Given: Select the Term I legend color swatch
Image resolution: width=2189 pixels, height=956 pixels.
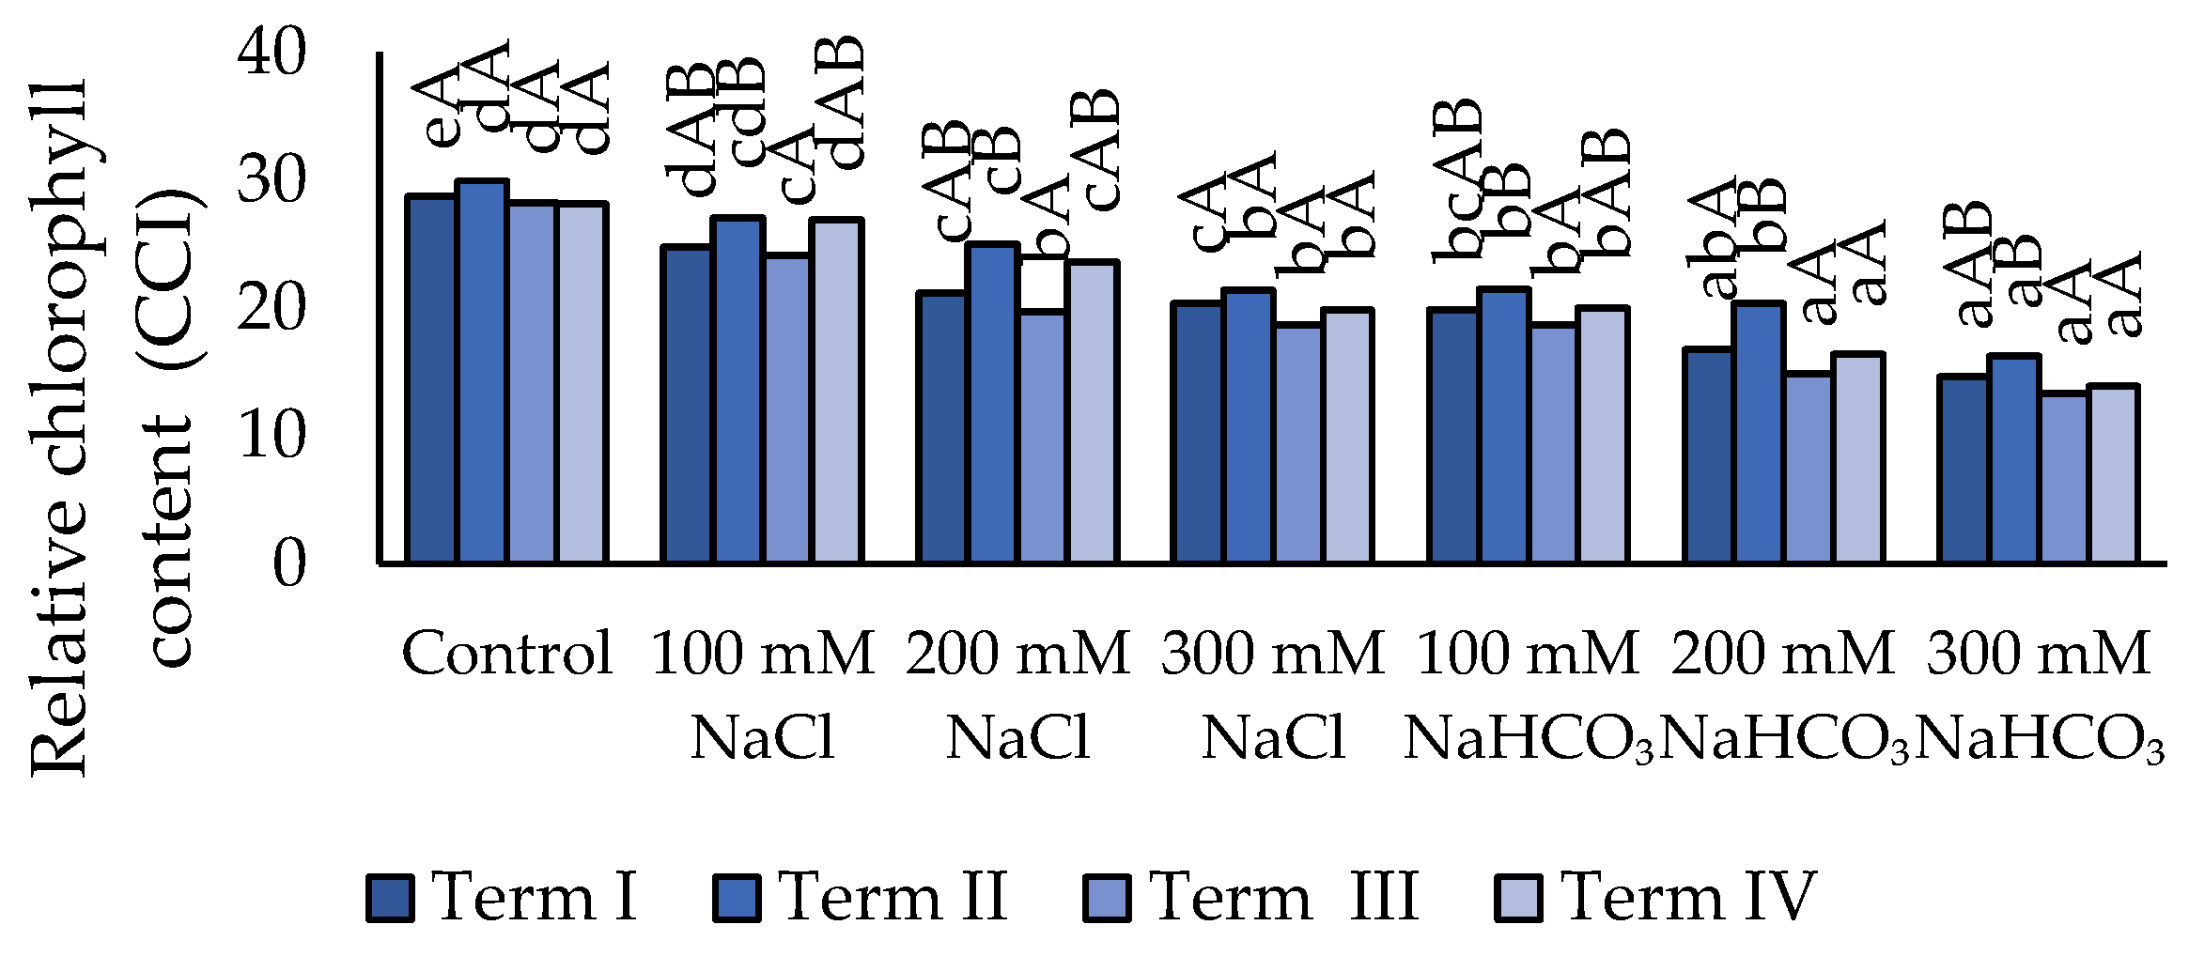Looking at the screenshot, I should click(390, 898).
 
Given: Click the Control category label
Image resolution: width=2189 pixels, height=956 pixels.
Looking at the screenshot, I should click(507, 653).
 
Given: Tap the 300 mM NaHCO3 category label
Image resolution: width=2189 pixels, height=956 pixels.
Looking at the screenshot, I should click(2039, 695).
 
